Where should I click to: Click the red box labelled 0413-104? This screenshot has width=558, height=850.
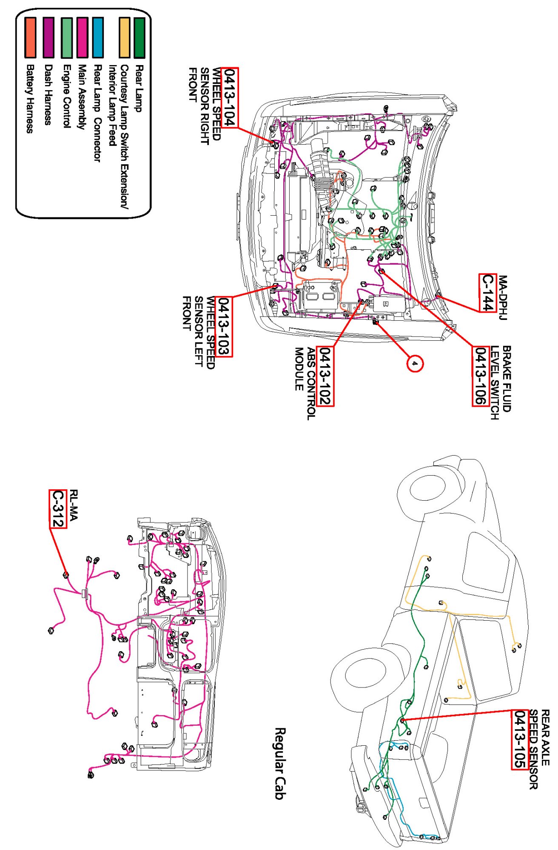click(230, 97)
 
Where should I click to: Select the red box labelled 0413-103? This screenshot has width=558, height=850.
click(224, 326)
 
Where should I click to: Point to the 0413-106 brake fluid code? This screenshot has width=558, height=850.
click(480, 376)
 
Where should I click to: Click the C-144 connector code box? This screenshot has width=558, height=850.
click(487, 293)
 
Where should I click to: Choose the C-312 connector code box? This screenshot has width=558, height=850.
click(58, 508)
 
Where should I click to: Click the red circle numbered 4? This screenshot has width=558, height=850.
click(415, 363)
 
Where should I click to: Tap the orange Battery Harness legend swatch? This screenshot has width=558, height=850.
click(30, 37)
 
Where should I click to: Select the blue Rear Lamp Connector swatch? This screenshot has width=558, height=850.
click(98, 37)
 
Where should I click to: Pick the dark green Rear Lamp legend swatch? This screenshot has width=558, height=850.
click(139, 37)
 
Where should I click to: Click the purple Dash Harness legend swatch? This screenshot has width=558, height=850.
click(48, 37)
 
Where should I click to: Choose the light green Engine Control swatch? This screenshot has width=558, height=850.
click(66, 37)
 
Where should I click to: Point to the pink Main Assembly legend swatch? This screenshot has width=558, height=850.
click(82, 37)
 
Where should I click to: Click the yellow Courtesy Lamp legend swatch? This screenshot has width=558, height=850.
click(124, 37)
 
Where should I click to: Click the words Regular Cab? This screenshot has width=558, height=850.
click(279, 763)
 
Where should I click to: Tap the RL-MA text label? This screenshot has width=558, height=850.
click(74, 505)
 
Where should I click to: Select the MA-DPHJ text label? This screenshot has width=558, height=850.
click(503, 297)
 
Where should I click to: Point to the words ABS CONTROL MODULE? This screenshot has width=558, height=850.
click(305, 383)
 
